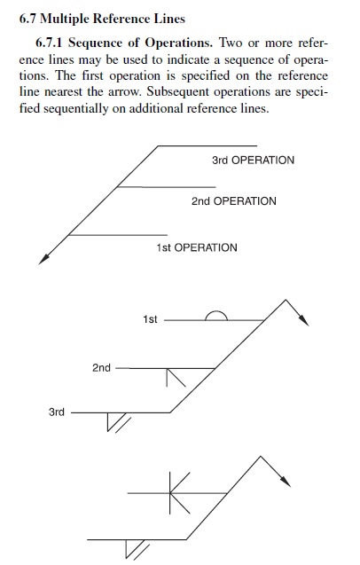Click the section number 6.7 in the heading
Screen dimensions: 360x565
pos(27,19)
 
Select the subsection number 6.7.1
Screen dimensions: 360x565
pos(50,43)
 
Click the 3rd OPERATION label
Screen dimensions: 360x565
pos(253,160)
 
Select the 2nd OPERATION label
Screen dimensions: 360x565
pos(234,201)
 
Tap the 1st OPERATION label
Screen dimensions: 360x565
pos(197,248)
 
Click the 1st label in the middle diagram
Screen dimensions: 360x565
pos(150,319)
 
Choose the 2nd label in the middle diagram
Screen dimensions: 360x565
pos(101,368)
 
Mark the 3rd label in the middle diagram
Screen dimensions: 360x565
pos(57,412)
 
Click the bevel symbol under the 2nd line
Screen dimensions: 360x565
pos(176,378)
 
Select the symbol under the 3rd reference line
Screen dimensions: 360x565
pos(118,422)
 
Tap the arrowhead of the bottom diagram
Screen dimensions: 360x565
pos(286,482)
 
